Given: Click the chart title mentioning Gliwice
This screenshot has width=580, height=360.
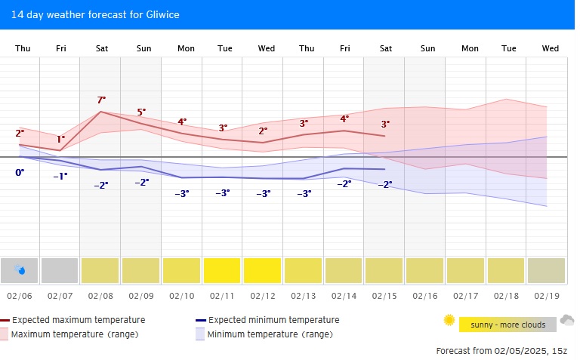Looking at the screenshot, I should point(95,14).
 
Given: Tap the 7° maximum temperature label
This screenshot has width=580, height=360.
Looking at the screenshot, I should point(101,100).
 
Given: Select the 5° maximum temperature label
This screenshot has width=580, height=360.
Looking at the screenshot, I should point(141,112).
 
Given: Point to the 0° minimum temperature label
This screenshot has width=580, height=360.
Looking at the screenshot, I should point(20,173).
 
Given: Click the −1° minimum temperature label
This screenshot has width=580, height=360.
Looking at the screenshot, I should point(60,176).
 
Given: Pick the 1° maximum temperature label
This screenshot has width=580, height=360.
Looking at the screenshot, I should point(61,139).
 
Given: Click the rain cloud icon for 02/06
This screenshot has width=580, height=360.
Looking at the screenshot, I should point(20,269).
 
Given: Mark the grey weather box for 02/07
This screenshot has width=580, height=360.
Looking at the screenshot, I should point(60,270).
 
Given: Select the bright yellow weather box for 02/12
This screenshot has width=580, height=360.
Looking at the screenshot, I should point(263,270).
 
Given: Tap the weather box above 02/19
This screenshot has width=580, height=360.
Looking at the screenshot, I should point(547,270).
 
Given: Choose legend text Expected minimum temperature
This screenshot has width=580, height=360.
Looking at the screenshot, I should point(273,320).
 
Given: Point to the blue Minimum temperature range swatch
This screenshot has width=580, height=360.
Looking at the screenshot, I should point(200,334).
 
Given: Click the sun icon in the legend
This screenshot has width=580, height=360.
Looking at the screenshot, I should point(449,320).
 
